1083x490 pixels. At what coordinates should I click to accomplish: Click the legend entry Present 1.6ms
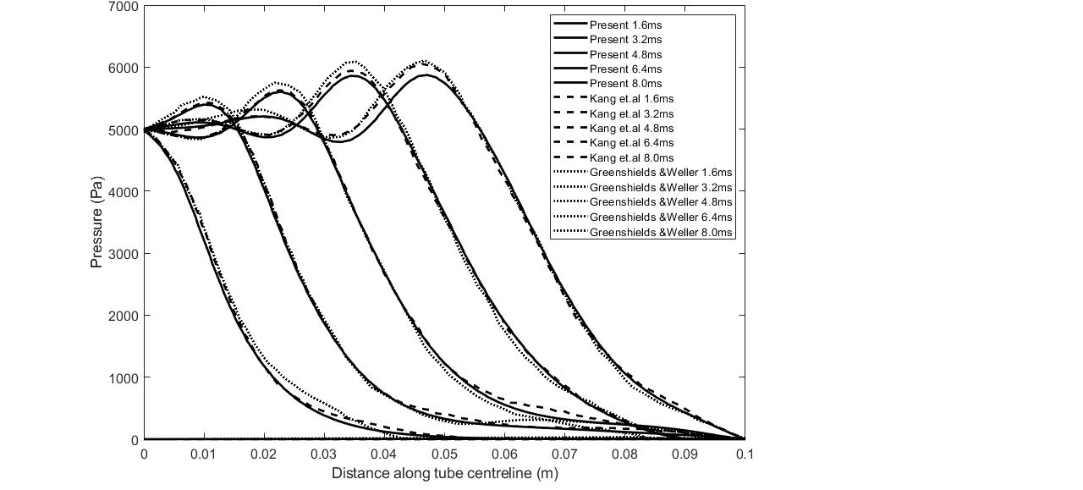pyautogui.click(x=625, y=25)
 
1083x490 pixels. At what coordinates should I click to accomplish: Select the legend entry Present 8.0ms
pyautogui.click(x=625, y=84)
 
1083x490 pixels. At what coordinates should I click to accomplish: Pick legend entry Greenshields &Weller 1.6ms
pyautogui.click(x=660, y=173)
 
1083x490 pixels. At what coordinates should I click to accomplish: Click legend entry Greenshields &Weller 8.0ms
pyautogui.click(x=660, y=232)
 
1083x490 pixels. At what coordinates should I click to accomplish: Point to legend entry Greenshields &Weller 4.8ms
pyautogui.click(x=660, y=202)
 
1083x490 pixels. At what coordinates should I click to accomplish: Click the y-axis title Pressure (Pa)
pyautogui.click(x=96, y=223)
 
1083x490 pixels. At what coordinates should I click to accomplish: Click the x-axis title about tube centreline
pyautogui.click(x=444, y=473)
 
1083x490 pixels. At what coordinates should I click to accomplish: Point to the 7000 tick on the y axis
pyautogui.click(x=124, y=7)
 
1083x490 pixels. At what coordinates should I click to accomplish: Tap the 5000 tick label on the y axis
pyautogui.click(x=124, y=130)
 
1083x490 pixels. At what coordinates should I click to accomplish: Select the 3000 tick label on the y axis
pyautogui.click(x=124, y=254)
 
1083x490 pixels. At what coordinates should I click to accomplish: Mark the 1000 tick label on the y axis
pyautogui.click(x=124, y=377)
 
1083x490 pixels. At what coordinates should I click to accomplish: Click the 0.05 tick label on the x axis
pyautogui.click(x=444, y=454)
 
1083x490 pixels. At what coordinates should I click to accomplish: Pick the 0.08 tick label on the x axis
pyautogui.click(x=624, y=454)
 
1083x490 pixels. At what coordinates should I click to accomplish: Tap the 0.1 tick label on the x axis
pyautogui.click(x=745, y=454)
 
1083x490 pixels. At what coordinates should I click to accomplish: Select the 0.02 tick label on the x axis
pyautogui.click(x=264, y=454)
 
